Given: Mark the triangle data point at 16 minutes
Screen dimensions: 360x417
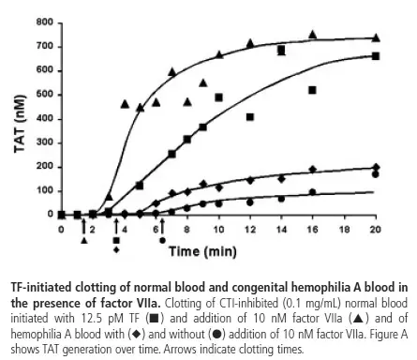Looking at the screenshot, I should pyautogui.click(x=313, y=35).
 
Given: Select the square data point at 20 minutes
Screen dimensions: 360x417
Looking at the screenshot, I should pyautogui.click(x=376, y=56).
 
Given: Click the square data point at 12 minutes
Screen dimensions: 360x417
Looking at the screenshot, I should pyautogui.click(x=250, y=117).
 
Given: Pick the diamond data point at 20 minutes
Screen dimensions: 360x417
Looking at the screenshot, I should pyautogui.click(x=376, y=167).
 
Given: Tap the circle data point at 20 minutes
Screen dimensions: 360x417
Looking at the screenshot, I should pyautogui.click(x=376, y=174).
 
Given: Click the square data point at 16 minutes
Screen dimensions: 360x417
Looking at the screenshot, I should pyautogui.click(x=313, y=90).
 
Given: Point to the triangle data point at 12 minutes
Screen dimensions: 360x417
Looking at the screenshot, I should pyautogui.click(x=250, y=44).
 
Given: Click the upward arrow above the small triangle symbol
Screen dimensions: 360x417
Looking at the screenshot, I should pyautogui.click(x=84, y=227).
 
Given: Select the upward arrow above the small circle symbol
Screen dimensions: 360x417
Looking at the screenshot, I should pyautogui.click(x=163, y=227).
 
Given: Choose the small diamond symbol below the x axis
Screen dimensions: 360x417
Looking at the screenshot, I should pyautogui.click(x=116, y=249).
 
